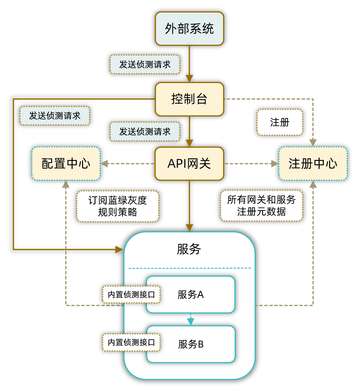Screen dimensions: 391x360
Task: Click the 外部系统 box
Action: tap(189, 29)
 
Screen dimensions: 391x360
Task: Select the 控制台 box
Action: tap(189, 99)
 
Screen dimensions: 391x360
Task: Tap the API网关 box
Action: tap(189, 164)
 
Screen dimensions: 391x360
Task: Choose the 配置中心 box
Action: tap(66, 164)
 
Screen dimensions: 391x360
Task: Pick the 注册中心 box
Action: tap(313, 164)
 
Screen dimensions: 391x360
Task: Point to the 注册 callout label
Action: tap(280, 122)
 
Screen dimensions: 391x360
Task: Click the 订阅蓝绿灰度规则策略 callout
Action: tap(118, 206)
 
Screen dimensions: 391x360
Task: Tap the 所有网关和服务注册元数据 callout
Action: tap(261, 206)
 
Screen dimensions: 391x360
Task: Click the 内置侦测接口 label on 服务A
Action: tap(131, 294)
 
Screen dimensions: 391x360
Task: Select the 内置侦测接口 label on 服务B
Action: tap(131, 343)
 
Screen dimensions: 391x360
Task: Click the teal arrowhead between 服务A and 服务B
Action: tap(191, 321)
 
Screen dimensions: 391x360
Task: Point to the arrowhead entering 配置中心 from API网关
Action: tap(104, 164)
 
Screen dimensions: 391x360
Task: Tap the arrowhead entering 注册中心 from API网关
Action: tap(275, 164)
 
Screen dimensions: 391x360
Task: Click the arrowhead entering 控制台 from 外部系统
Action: tap(189, 78)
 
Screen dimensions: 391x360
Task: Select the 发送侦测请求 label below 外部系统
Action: tap(145, 65)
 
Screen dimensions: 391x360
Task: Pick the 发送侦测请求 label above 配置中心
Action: tap(55, 116)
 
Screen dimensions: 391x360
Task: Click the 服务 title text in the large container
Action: tap(189, 249)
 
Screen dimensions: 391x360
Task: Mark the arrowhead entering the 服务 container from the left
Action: tap(119, 249)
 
